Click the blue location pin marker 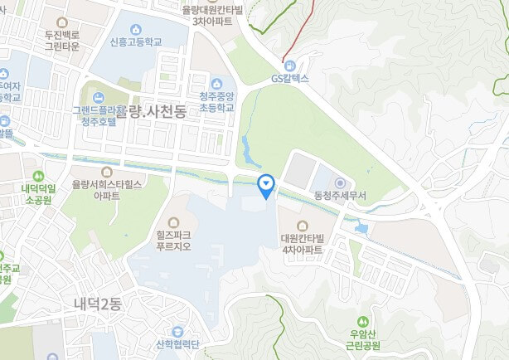(x=266, y=185)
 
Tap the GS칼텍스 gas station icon (x=289, y=66)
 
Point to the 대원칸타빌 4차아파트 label (x=302, y=244)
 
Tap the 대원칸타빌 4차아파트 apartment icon (x=301, y=225)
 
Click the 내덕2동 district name (x=97, y=304)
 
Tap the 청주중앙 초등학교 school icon (x=217, y=83)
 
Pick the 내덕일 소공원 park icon (x=39, y=176)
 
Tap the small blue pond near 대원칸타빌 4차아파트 (x=361, y=227)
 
